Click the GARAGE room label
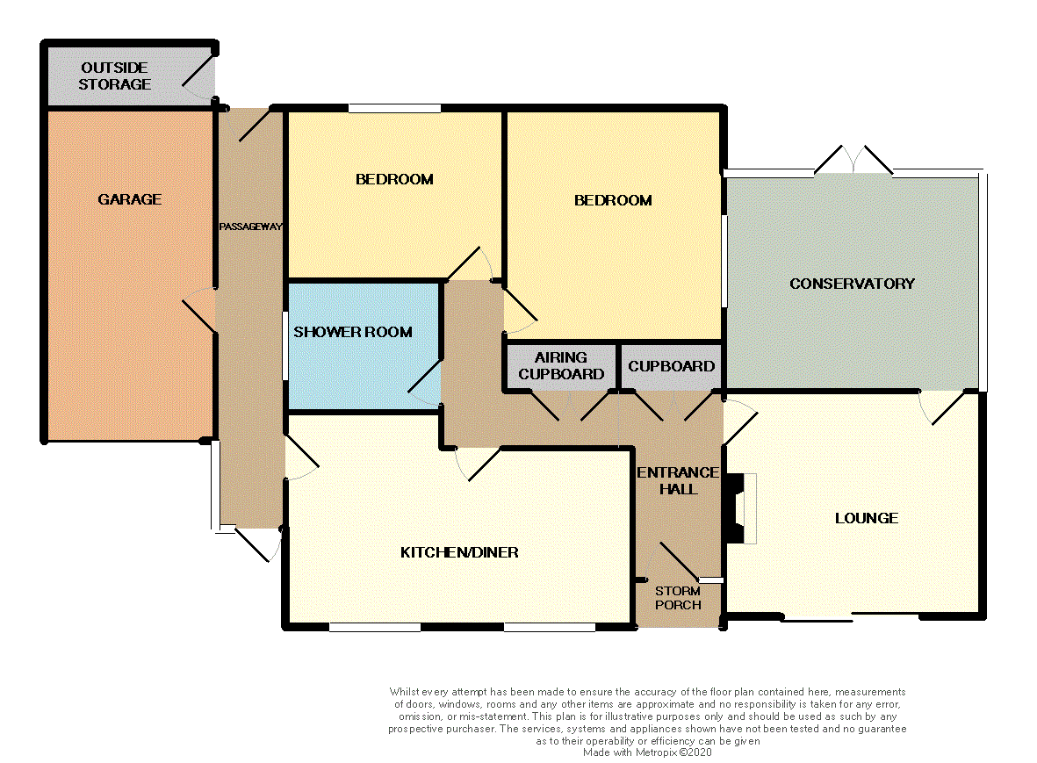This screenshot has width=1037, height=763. coord(129,199)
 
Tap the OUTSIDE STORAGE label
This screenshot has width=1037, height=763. coord(115,76)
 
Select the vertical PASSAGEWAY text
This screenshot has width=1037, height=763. coord(250,227)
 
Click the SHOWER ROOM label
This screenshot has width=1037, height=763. coord(352,332)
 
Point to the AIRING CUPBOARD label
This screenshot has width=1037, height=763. coord(561,365)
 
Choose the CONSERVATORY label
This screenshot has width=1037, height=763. coord(852,284)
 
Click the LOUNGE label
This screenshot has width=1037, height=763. coord(866,518)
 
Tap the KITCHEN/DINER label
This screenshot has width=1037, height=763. coord(459,552)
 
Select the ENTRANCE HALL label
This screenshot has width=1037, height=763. coord(678,480)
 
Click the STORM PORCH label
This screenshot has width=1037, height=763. coord(678,598)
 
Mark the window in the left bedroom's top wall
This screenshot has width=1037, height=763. coord(394,109)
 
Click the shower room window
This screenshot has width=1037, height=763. coord(284,346)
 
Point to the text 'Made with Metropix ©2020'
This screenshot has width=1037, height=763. coord(647,752)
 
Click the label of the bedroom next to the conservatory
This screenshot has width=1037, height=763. coord(613,200)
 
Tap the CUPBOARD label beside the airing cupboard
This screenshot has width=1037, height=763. coord(672,366)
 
